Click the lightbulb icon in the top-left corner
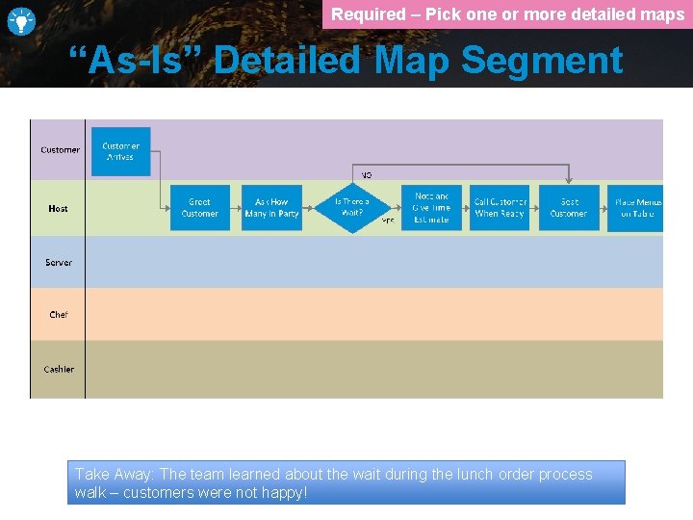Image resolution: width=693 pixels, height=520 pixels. [21, 20]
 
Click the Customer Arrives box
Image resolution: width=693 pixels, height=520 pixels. [120, 151]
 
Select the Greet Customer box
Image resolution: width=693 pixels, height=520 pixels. [199, 208]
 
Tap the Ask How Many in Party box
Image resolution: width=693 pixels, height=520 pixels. [271, 208]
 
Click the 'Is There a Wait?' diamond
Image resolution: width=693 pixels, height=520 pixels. [351, 208]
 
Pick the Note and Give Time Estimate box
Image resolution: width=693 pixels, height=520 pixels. [431, 208]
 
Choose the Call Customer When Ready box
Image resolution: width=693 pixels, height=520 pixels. [500, 208]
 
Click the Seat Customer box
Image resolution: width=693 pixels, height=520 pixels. [569, 208]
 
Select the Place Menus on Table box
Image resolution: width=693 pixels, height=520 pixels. [637, 208]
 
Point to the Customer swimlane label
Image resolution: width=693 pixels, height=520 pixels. [60, 150]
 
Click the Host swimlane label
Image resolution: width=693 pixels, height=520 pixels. [58, 209]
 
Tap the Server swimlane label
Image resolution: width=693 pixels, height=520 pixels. [59, 263]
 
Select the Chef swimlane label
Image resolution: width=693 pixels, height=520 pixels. [59, 315]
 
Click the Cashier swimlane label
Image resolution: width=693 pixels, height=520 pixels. [59, 370]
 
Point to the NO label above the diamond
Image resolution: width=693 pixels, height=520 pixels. [366, 174]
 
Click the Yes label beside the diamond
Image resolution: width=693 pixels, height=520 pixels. [388, 221]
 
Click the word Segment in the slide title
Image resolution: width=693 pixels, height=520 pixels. [542, 61]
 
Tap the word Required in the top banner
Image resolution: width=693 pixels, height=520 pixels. [369, 14]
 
